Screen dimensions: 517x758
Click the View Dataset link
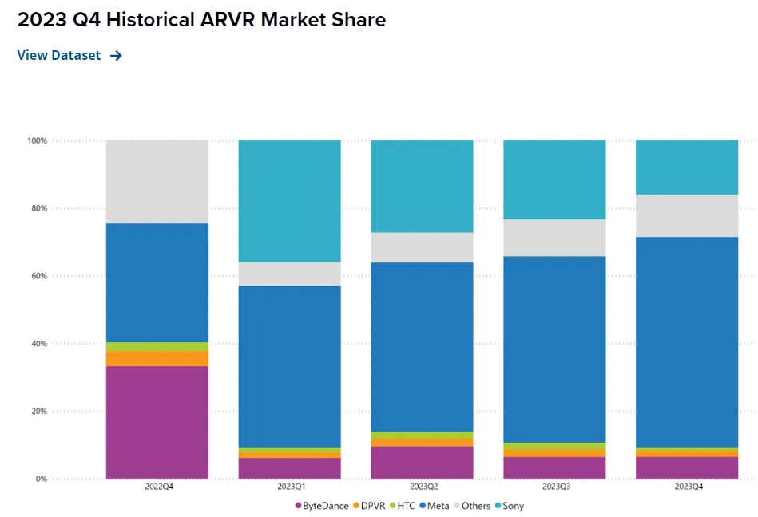tap(59, 55)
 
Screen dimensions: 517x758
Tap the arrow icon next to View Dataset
tap(116, 55)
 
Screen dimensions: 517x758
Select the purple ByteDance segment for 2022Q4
tap(157, 422)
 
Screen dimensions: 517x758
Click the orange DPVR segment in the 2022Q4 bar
tap(157, 358)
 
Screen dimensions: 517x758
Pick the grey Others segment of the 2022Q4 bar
tap(157, 181)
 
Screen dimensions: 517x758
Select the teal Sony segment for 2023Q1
tap(289, 200)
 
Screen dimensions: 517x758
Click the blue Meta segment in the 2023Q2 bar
tap(422, 346)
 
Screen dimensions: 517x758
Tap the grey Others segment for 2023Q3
tap(554, 237)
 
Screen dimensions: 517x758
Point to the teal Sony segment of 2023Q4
tap(686, 167)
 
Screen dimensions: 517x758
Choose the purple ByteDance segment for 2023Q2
tap(422, 462)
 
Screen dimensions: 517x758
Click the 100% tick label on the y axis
tap(38, 140)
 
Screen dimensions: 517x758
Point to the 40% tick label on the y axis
tap(38, 344)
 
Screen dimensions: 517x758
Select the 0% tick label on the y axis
tap(41, 479)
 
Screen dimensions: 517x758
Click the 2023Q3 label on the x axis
tap(554, 486)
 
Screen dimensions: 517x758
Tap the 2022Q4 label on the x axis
tap(157, 486)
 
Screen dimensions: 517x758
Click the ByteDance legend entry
tap(322, 505)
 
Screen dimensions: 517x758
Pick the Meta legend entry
tap(435, 505)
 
